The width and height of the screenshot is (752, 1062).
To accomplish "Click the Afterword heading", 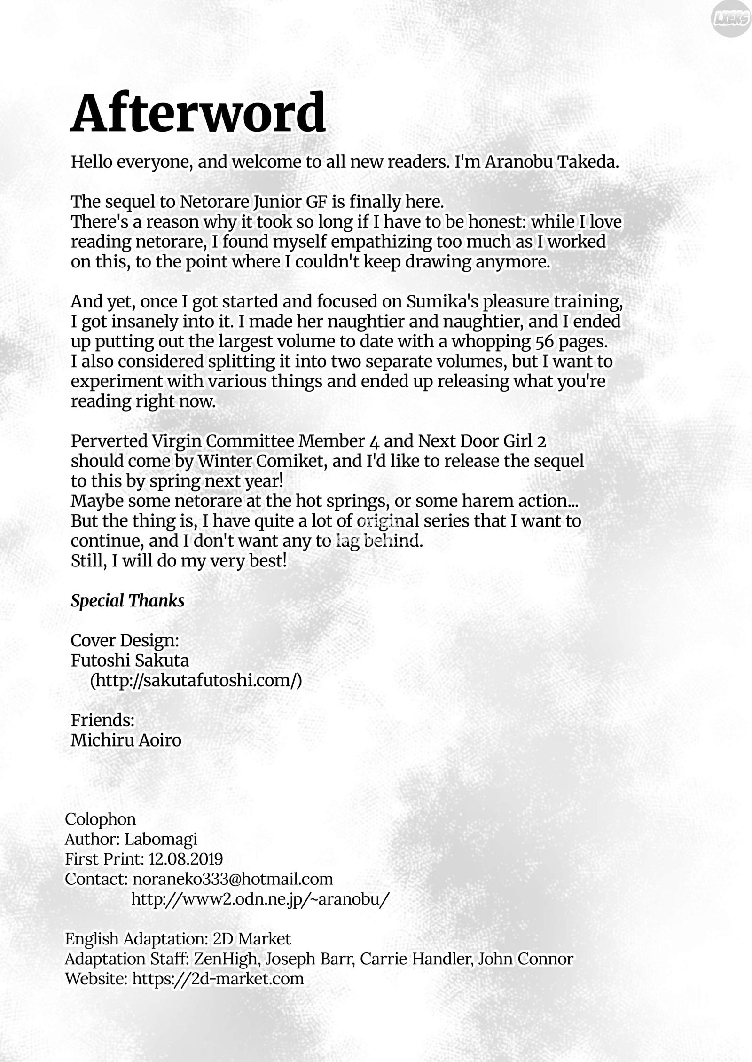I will point(198,113).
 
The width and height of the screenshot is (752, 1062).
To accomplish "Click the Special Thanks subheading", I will point(127,600).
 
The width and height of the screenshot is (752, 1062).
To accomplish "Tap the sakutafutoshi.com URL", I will point(196,680).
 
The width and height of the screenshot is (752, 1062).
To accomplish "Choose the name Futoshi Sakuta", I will point(130,660).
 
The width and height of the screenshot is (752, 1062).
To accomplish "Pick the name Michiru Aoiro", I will point(126,740).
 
